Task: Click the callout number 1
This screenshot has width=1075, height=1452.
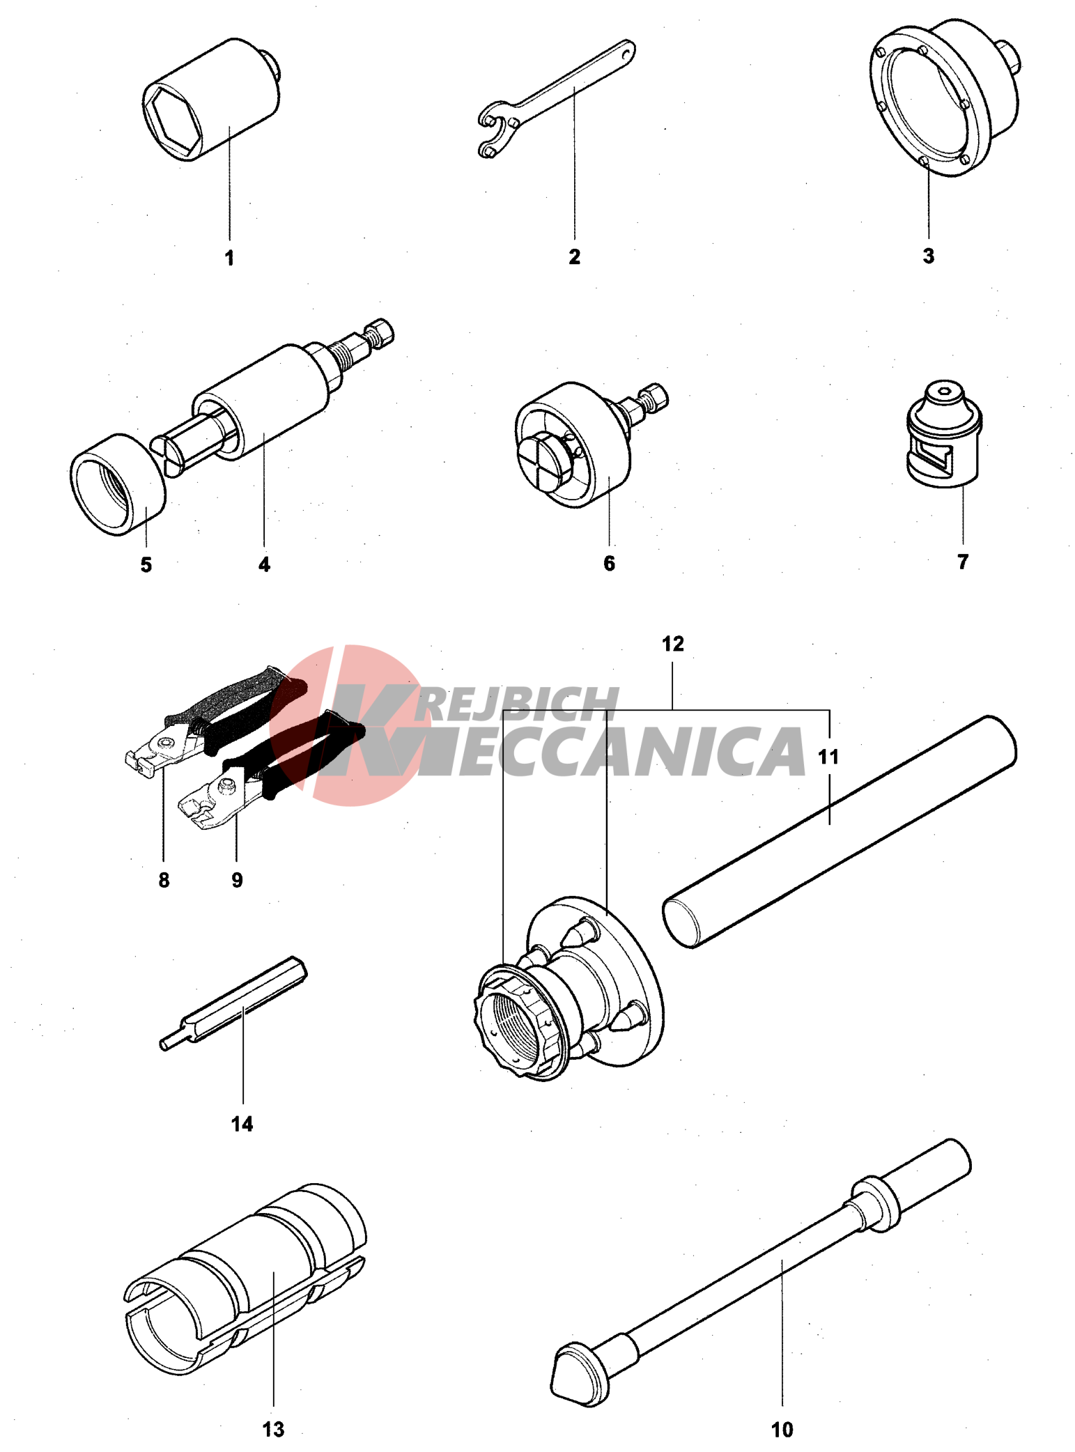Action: pyautogui.click(x=229, y=258)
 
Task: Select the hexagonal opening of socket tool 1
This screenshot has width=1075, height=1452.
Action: pyautogui.click(x=172, y=119)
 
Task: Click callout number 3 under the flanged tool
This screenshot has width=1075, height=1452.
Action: pyautogui.click(x=928, y=256)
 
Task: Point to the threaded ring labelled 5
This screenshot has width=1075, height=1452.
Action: pyautogui.click(x=118, y=484)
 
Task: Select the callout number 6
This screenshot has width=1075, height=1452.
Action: pyautogui.click(x=609, y=563)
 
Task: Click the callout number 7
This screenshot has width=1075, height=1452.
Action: pyautogui.click(x=962, y=562)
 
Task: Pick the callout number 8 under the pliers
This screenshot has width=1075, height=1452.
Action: pyautogui.click(x=164, y=880)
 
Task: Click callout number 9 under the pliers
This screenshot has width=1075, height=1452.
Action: pyautogui.click(x=237, y=880)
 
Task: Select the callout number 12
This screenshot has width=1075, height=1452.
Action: pyautogui.click(x=672, y=644)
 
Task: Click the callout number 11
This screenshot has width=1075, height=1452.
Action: pyautogui.click(x=828, y=756)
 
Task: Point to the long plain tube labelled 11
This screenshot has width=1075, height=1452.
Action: pyautogui.click(x=840, y=831)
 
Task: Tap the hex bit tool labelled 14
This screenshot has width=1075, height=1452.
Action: pyautogui.click(x=233, y=1003)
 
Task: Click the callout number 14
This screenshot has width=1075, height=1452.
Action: pyautogui.click(x=242, y=1124)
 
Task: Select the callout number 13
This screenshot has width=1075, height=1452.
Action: pyautogui.click(x=273, y=1430)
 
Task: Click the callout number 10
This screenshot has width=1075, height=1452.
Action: pyautogui.click(x=782, y=1430)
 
